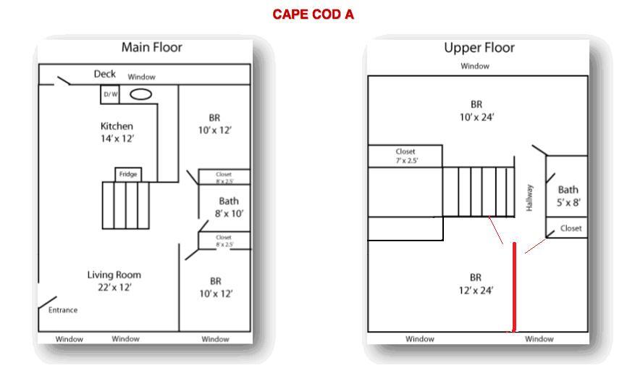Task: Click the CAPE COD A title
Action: click(x=313, y=14)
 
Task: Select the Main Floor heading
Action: click(x=151, y=48)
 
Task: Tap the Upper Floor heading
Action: click(x=479, y=48)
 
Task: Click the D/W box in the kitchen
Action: click(x=110, y=94)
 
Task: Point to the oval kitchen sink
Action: click(x=140, y=94)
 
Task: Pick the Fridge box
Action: click(x=128, y=175)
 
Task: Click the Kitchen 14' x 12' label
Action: click(x=117, y=132)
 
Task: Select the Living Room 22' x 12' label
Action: click(x=114, y=281)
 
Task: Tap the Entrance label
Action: click(x=63, y=310)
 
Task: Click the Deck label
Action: click(x=105, y=74)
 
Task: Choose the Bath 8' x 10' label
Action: click(x=228, y=207)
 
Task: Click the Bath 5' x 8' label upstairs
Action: click(x=568, y=196)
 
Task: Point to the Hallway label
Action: click(x=530, y=198)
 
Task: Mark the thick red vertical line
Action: click(x=515, y=286)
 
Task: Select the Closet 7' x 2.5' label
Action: click(x=405, y=156)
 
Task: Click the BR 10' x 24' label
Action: click(x=476, y=110)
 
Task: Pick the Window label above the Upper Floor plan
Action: click(x=475, y=66)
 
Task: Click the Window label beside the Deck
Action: click(x=141, y=77)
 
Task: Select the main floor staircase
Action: click(x=125, y=206)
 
